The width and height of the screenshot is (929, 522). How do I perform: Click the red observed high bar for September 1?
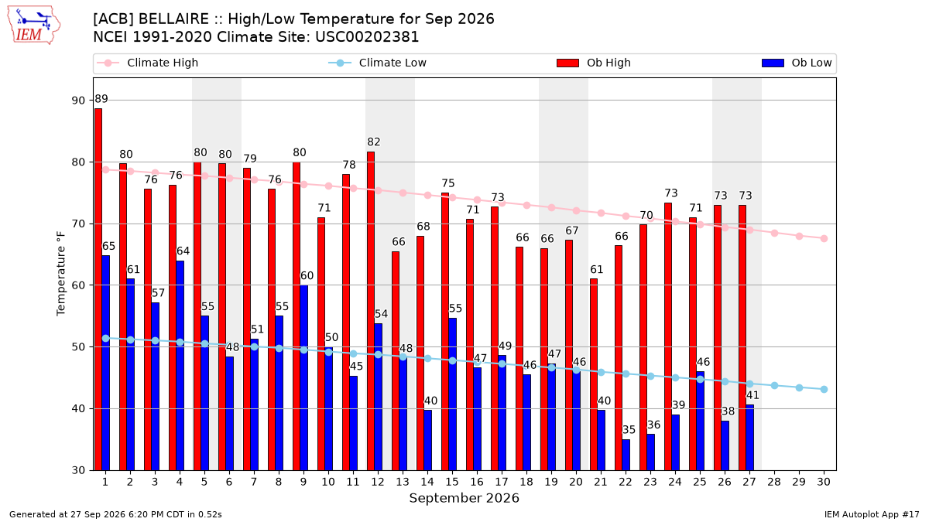(98, 289)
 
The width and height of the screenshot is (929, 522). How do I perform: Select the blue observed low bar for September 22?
(626, 455)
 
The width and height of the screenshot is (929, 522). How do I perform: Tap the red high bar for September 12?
(371, 311)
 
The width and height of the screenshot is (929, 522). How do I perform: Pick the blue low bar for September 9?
(303, 378)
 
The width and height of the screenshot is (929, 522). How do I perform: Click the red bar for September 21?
(594, 374)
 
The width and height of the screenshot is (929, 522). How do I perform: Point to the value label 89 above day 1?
(101, 99)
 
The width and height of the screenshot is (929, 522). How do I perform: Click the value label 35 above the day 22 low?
(629, 430)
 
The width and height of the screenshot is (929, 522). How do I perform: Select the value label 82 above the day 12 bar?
(374, 142)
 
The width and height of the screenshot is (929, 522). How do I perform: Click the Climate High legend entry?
(148, 63)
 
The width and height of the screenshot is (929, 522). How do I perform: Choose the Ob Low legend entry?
(797, 63)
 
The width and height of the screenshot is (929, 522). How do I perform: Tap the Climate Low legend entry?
(378, 63)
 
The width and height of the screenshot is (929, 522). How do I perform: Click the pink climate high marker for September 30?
(824, 239)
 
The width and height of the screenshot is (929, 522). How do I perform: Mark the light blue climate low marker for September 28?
(774, 386)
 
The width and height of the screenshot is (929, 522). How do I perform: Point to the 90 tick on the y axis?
(78, 101)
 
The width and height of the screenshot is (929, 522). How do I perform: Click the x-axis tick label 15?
(452, 483)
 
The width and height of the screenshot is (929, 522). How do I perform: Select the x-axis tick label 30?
(824, 483)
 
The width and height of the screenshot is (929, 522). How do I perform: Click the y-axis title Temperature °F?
(61, 274)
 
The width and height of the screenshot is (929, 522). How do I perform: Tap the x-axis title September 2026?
(464, 498)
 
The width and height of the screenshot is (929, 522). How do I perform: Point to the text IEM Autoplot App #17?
(872, 514)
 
